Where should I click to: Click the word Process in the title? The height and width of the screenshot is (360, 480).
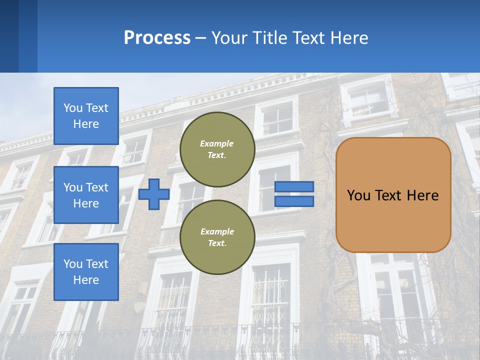[x=157, y=38]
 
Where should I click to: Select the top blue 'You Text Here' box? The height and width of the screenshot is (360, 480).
[x=86, y=116]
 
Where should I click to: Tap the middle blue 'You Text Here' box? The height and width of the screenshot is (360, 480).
[x=86, y=195]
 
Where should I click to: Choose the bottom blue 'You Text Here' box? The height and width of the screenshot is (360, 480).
[x=86, y=271]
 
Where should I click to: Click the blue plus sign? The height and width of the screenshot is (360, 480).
[x=154, y=194]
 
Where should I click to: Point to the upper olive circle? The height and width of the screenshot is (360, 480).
[x=217, y=149]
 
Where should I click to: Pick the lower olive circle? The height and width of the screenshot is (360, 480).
[x=217, y=237]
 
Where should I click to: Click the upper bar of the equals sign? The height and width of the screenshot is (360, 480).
[x=294, y=186]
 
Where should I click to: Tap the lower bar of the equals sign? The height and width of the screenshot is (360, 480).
[x=294, y=201]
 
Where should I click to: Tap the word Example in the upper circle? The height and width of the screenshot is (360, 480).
[x=216, y=143]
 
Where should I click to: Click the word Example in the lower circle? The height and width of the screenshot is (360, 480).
[x=217, y=231]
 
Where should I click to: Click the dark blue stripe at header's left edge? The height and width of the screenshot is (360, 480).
[x=9, y=36]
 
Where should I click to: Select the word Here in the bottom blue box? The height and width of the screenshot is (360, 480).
[x=86, y=280]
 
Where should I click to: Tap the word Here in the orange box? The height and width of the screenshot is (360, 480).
[x=423, y=195]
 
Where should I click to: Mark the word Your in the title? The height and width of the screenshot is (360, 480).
[x=230, y=38]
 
